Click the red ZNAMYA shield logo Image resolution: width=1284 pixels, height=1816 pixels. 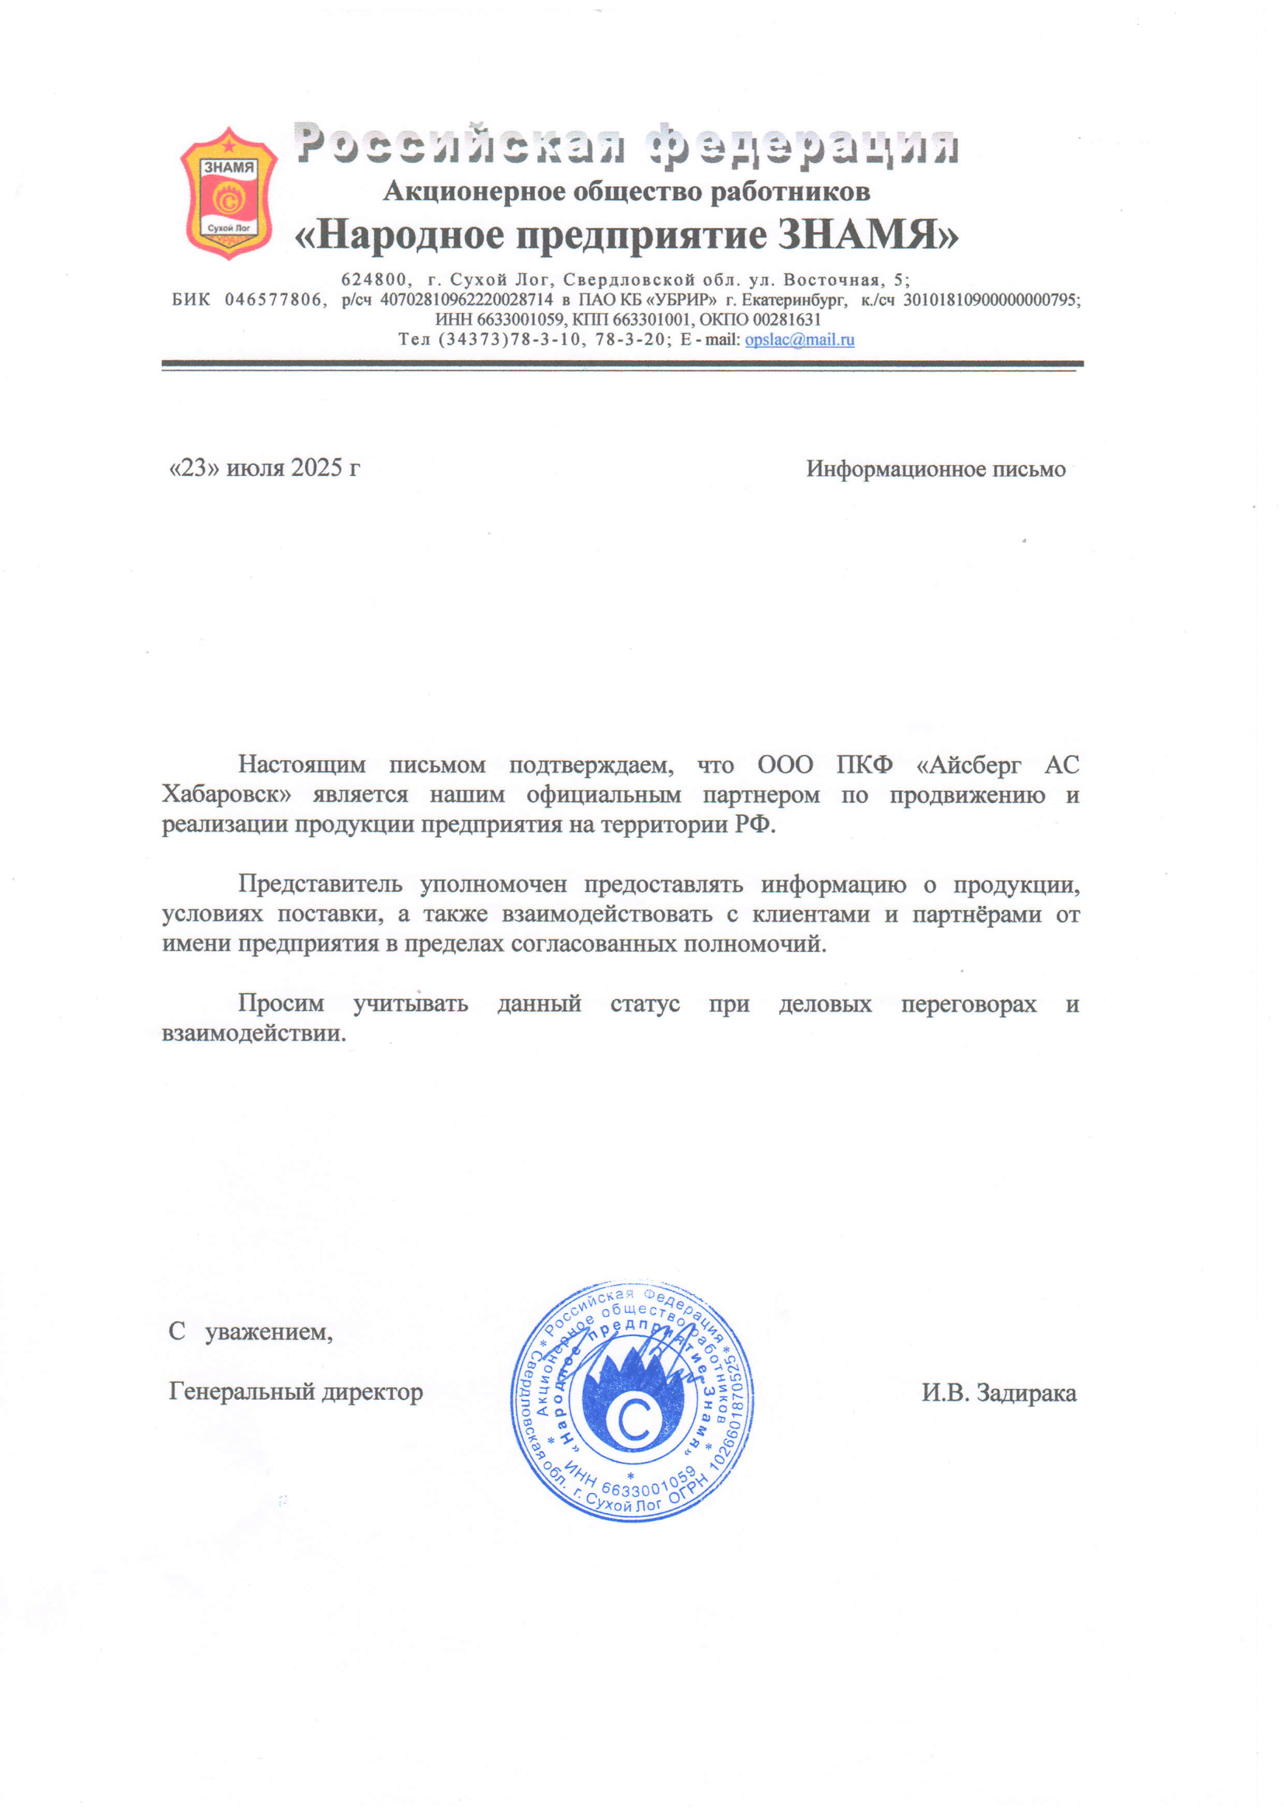click(228, 193)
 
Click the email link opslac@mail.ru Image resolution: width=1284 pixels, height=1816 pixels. click(800, 340)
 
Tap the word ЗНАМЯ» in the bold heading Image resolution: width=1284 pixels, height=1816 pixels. click(868, 235)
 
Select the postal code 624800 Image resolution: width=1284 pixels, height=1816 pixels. click(375, 280)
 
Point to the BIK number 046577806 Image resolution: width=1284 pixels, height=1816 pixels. click(273, 300)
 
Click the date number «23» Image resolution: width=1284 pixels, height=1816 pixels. click(195, 468)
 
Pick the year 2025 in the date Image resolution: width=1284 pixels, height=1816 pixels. click(316, 468)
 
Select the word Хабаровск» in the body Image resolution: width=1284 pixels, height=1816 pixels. click(226, 794)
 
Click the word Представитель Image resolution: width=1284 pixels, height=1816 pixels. click(320, 884)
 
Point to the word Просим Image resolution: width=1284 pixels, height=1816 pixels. click(282, 1004)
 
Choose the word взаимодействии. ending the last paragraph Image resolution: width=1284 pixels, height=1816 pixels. click(254, 1033)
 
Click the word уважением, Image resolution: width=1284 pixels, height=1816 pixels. click(269, 1332)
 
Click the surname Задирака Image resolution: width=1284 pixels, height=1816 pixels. click(1026, 1393)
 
